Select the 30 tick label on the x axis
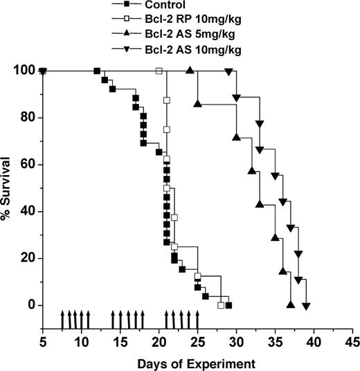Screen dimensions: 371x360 pos(236,342)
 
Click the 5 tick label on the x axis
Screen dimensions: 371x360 pos(43,342)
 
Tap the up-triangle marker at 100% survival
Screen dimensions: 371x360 pos(190,71)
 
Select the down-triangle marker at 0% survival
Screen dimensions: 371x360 pos(306,305)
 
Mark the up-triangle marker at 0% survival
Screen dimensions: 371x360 pos(290,305)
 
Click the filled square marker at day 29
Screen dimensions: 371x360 pos(228,305)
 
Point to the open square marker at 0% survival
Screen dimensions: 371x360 pos(221,305)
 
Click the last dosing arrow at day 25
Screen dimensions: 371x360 pos(197,321)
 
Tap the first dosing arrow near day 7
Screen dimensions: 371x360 pos(62,321)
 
